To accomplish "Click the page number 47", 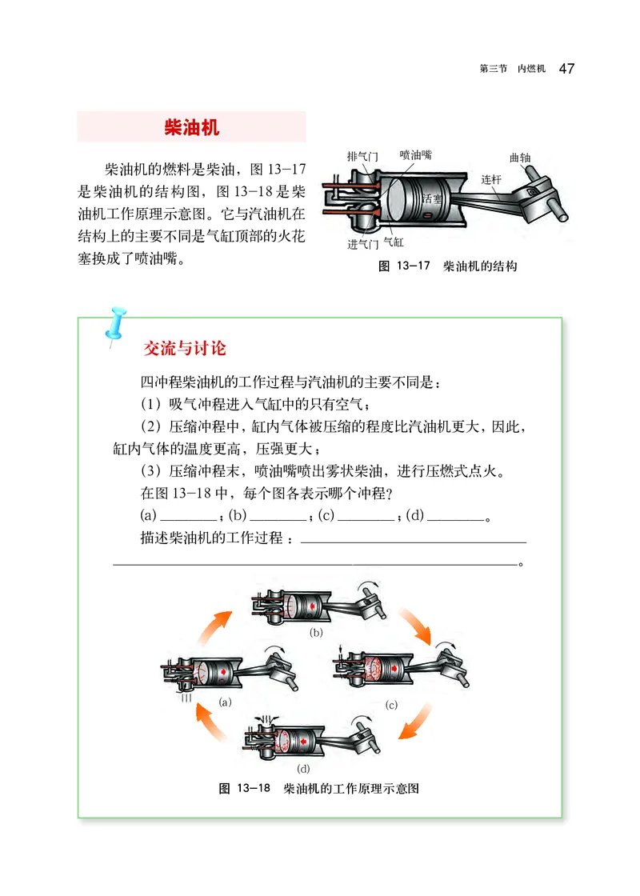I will click(566, 68).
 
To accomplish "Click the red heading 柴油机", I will click(191, 127).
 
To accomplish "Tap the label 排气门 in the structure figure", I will click(362, 156).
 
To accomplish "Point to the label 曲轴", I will click(520, 158).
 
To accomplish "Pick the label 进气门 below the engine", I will click(362, 245).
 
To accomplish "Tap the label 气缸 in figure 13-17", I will click(394, 240).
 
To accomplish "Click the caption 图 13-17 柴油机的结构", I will click(447, 266).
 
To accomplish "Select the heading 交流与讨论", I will click(184, 349).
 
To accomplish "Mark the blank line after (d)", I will click(456, 516).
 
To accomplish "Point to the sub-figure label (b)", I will click(315, 632).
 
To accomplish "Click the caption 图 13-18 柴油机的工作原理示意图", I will click(318, 789).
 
